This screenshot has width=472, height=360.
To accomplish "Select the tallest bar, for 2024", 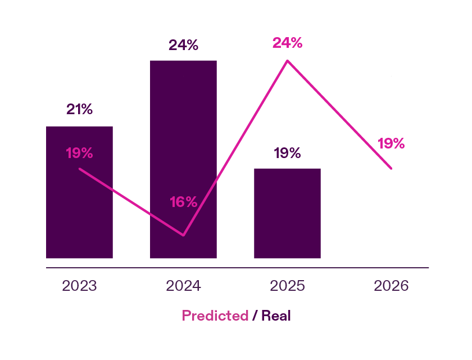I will point(183,141).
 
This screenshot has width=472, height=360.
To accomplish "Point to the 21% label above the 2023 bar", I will point(79,109).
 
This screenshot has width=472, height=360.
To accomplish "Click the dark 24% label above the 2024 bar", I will point(183,45).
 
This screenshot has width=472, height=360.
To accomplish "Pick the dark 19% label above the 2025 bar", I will point(287,153).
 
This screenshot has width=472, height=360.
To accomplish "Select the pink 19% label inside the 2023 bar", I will point(79,152).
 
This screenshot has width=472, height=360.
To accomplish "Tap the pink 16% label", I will point(184,202).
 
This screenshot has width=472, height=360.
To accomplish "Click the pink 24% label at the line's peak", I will point(287,43).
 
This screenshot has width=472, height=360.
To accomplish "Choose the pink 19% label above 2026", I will point(391,143).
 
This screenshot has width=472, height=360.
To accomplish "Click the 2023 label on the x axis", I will point(79,286).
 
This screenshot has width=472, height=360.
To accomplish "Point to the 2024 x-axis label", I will point(183,286).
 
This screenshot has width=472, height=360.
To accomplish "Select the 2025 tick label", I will point(287,286).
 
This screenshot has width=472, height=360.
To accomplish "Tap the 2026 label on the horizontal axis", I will point(391,286).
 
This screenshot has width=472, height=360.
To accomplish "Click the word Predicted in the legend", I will point(215,316).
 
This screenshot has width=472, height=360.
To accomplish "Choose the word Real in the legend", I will point(276,316).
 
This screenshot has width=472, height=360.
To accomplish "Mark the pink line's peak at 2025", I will point(287,61).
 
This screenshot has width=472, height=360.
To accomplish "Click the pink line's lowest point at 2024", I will point(183,235).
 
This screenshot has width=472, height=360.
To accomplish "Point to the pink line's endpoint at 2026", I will point(391,168).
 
